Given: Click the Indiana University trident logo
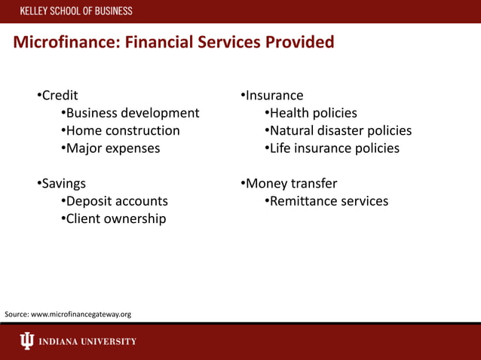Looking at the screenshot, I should coord(27,341).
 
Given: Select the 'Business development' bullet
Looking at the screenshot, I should coord(132,113).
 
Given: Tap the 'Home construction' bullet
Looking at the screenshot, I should coord(122,130).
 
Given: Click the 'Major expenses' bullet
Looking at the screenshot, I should coord(112,148).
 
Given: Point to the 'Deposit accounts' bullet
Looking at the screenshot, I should coord(116,201).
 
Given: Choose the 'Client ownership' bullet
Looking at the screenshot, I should coord(115,219).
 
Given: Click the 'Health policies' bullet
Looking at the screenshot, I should coord(313,113).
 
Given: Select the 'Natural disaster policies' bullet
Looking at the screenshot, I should coord(340,130).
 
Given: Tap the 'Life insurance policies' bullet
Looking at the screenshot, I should coord(334,148).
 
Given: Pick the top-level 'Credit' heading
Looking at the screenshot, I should coord(59,96).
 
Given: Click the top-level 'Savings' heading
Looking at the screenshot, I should coord(63,183).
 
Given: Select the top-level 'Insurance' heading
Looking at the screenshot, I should coord(274,96).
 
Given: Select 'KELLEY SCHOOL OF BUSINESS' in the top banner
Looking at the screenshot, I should coord(75,11).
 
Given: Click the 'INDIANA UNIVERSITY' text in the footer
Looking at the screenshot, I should coord(87,341).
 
